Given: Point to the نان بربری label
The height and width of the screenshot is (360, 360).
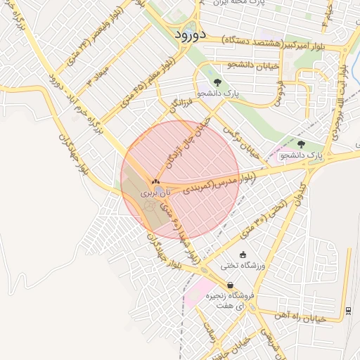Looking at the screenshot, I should click(155, 191).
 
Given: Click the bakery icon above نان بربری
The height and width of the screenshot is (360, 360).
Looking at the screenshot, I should click(155, 181).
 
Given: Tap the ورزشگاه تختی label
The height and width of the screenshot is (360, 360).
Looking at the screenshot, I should click(244, 265).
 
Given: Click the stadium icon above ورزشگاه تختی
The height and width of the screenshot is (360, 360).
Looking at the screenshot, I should click(244, 255).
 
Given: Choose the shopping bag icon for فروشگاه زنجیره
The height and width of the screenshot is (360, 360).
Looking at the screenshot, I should click(230, 284).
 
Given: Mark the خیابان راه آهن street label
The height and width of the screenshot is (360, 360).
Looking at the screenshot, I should click(303, 318).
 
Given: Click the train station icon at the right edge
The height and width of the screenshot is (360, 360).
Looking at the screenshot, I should click(349, 310).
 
